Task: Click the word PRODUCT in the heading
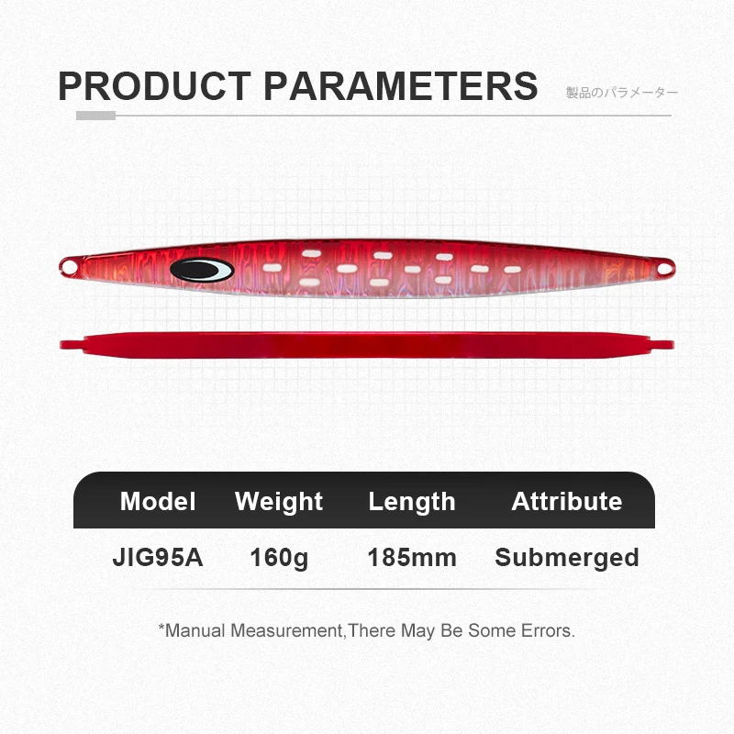(x=153, y=85)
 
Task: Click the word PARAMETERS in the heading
(x=400, y=85)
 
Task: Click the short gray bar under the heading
(x=95, y=116)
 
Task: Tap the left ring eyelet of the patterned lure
(x=68, y=266)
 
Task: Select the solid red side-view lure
(x=367, y=345)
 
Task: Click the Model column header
(x=158, y=501)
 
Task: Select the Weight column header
(x=279, y=501)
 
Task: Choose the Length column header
(x=412, y=501)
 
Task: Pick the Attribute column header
(x=566, y=501)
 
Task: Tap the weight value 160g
(x=279, y=557)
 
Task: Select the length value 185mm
(x=412, y=557)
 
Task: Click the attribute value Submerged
(x=566, y=557)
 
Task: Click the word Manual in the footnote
(x=195, y=631)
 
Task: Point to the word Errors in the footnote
(x=547, y=631)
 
